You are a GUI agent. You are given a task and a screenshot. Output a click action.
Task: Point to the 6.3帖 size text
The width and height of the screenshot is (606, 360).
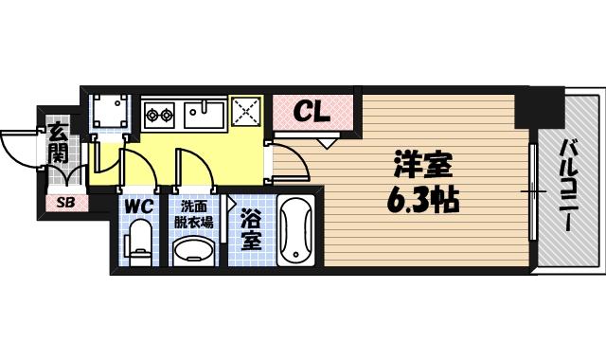click(423, 200)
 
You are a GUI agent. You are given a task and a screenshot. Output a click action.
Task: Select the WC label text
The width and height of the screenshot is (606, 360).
click(138, 206)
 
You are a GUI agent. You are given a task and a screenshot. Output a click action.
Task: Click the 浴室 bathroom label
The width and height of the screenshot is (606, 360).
click(250, 230)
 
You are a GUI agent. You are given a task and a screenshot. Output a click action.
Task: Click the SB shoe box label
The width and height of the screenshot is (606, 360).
click(65, 202)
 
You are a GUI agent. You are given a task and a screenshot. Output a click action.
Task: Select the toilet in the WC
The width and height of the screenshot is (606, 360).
click(140, 241)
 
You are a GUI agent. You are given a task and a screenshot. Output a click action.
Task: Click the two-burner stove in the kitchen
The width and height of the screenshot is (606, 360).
click(159, 117)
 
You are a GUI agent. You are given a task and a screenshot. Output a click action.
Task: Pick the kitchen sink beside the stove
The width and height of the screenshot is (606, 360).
click(203, 115)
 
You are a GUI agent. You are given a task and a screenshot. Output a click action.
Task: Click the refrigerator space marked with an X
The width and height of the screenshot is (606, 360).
click(247, 115)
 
